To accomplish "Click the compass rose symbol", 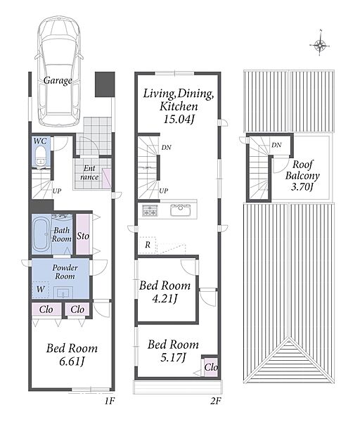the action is point(320,45).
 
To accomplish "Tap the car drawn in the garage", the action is point(58,70).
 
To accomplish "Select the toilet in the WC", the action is point(41,155).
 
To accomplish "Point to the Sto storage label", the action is point(82,236).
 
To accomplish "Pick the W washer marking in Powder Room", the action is point(41,289).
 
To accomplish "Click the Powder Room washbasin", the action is point(63,292).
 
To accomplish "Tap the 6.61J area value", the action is point(72,362).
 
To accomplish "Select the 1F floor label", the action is point(110,402).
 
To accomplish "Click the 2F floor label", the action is point(216,402).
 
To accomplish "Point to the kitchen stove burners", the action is point(149,210).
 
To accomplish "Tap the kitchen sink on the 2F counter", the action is point(181,210).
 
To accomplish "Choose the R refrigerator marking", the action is point(148,245).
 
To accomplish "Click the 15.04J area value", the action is point(179,119).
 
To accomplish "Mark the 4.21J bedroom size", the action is point(165,298).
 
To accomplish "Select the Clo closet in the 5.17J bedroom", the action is point(211,367).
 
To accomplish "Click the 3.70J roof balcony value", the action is point(302,186).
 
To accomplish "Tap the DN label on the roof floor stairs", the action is point(276,145).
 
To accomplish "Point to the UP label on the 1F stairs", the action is point(57,191).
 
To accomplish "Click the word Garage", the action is point(58,80).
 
